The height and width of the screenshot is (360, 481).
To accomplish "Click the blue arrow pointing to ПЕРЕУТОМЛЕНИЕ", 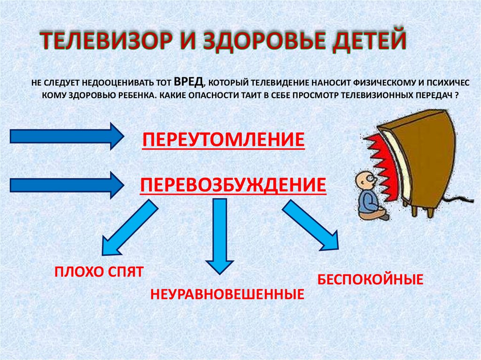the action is click(66, 136).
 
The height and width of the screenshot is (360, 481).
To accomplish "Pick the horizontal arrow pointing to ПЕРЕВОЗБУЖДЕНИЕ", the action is click(66, 185).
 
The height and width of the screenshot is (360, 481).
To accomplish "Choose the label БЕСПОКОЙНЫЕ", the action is click(371, 280).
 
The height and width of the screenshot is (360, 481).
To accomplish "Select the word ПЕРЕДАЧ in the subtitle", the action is click(429, 95).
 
